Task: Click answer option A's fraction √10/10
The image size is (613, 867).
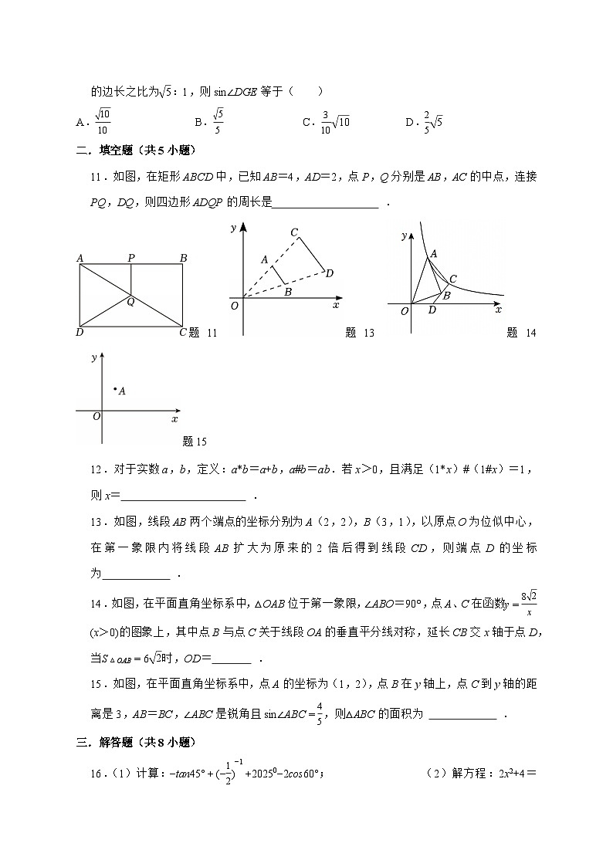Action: [x=103, y=121]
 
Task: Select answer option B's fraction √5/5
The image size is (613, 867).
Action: [x=218, y=121]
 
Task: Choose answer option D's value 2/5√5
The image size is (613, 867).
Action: [x=432, y=121]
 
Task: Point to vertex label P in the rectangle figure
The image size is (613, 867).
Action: [x=131, y=258]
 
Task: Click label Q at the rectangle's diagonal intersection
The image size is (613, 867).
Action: [x=130, y=302]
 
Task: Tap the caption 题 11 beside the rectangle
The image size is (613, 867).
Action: [x=204, y=333]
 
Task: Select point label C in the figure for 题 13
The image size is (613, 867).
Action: [x=294, y=232]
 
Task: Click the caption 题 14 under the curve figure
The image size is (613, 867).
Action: [x=521, y=333]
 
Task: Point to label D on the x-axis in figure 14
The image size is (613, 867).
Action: [x=432, y=310]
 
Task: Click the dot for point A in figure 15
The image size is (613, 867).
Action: [x=114, y=389]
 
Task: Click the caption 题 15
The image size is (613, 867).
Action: [x=195, y=442]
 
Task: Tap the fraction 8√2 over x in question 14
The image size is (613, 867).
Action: [x=528, y=602]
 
